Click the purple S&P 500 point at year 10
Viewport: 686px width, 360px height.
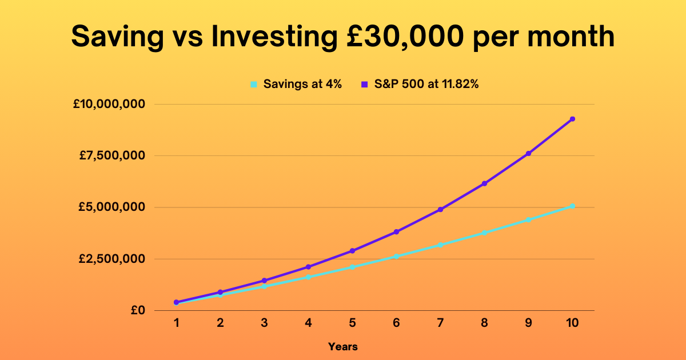click(x=572, y=119)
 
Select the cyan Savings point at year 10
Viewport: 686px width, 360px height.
click(x=572, y=206)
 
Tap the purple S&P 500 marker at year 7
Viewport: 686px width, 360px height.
click(x=440, y=209)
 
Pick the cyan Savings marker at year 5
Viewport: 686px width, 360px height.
click(x=353, y=267)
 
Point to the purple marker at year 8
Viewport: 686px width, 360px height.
click(x=485, y=183)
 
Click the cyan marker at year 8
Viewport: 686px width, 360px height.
click(x=485, y=233)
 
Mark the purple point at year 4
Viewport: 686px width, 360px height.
click(x=308, y=267)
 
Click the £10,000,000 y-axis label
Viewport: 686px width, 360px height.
click(x=109, y=104)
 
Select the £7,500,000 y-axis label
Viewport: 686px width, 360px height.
click(x=112, y=155)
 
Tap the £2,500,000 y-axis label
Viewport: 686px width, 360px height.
click(x=112, y=259)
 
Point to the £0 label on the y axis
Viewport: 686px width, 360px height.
click(x=138, y=310)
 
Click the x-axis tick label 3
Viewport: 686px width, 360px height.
click(x=264, y=323)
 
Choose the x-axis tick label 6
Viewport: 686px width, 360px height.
click(x=396, y=323)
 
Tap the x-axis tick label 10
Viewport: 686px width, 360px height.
click(x=572, y=323)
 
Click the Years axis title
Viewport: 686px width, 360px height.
click(x=343, y=347)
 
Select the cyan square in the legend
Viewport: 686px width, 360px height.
click(x=254, y=84)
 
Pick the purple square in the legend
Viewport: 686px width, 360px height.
click(x=365, y=84)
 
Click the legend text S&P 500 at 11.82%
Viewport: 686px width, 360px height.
click(x=426, y=84)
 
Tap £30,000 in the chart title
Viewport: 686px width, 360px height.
click(x=405, y=37)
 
